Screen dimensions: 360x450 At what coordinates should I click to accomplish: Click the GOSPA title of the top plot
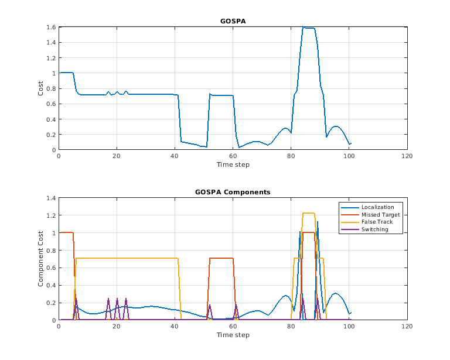(233, 21)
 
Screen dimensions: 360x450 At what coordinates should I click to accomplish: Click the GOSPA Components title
(233, 192)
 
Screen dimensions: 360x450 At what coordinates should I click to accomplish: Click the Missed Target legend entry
(380, 214)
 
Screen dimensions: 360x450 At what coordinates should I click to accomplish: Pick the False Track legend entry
(377, 222)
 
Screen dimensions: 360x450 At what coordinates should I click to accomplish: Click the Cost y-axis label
(40, 88)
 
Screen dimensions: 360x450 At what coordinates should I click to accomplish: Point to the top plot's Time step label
(233, 164)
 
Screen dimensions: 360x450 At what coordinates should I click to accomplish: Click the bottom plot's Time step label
(233, 335)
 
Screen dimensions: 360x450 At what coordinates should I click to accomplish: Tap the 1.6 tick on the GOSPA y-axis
(51, 28)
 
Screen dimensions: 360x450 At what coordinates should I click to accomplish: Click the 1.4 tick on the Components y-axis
(51, 198)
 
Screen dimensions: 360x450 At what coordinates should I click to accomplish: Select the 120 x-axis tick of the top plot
(407, 156)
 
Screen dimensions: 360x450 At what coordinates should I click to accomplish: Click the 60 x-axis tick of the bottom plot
(233, 327)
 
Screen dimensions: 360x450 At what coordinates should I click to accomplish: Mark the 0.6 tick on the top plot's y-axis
(51, 104)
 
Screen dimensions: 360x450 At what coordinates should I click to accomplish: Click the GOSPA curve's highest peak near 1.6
(304, 27)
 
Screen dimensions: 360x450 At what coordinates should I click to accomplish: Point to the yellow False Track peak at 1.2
(309, 213)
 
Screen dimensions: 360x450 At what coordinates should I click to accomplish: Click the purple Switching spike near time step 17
(108, 300)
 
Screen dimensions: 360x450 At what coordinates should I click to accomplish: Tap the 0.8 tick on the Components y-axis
(51, 251)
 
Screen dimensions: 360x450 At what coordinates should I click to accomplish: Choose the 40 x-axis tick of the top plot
(175, 156)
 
